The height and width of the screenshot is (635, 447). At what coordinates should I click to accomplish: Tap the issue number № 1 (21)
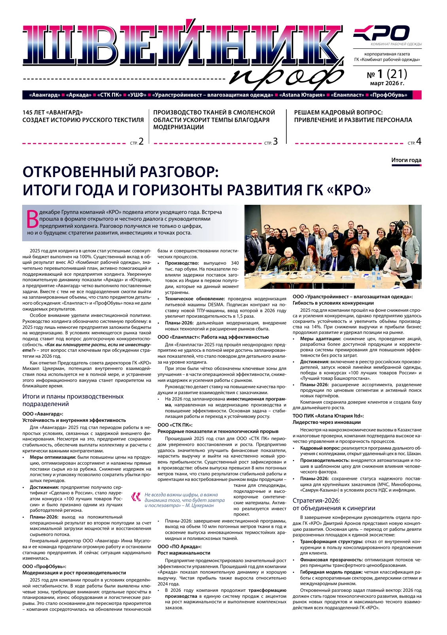pyautogui.click(x=387, y=74)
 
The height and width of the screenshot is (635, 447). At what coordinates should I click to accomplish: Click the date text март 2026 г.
pyautogui.click(x=387, y=84)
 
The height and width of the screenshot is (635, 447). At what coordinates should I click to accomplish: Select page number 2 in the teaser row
pyautogui.click(x=141, y=141)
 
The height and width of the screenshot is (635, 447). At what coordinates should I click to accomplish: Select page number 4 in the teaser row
pyautogui.click(x=419, y=141)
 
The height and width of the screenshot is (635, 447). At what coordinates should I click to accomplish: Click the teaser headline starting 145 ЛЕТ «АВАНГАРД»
pyautogui.click(x=83, y=116)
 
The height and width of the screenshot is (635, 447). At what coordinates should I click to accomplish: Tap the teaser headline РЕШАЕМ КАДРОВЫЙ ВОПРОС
pyautogui.click(x=353, y=116)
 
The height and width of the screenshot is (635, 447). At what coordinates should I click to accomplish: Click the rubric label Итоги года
pyautogui.click(x=406, y=160)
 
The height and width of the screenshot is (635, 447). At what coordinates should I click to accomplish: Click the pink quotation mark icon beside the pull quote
pyautogui.click(x=136, y=496)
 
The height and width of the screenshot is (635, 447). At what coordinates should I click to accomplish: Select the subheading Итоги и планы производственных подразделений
pyautogui.click(x=73, y=400)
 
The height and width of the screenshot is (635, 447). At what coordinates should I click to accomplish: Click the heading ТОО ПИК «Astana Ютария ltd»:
pyautogui.click(x=328, y=416)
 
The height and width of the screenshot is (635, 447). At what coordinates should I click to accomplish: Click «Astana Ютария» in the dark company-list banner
pyautogui.click(x=302, y=95)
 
